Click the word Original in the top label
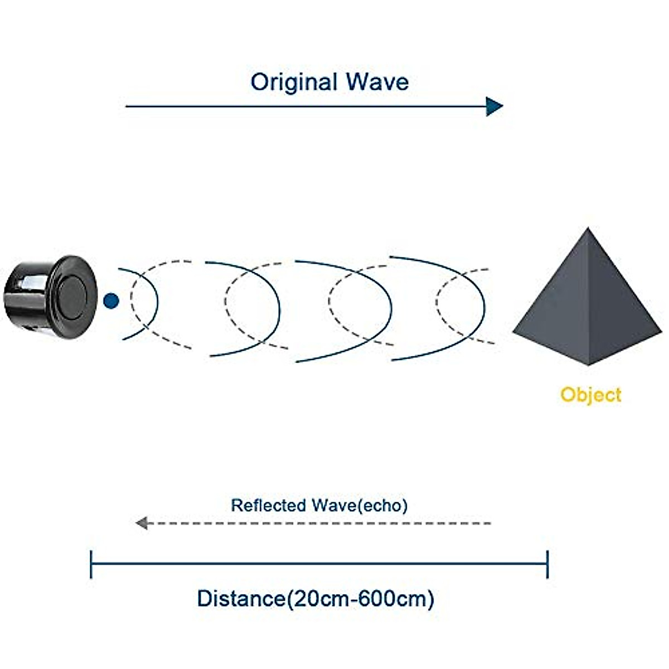tap(294, 83)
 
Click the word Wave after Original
tap(378, 83)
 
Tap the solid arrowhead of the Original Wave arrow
tap(495, 106)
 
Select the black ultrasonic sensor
tap(50, 297)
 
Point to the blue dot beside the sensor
tap(111, 300)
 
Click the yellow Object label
tap(591, 395)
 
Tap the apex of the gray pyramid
tap(588, 228)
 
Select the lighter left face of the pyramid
tap(555, 306)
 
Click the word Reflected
tap(268, 506)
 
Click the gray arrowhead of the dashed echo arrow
tap(142, 523)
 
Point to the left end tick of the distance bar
tap(91, 564)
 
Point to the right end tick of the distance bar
tap(547, 564)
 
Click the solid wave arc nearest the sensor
tap(158, 303)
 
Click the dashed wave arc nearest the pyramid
tap(437, 302)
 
